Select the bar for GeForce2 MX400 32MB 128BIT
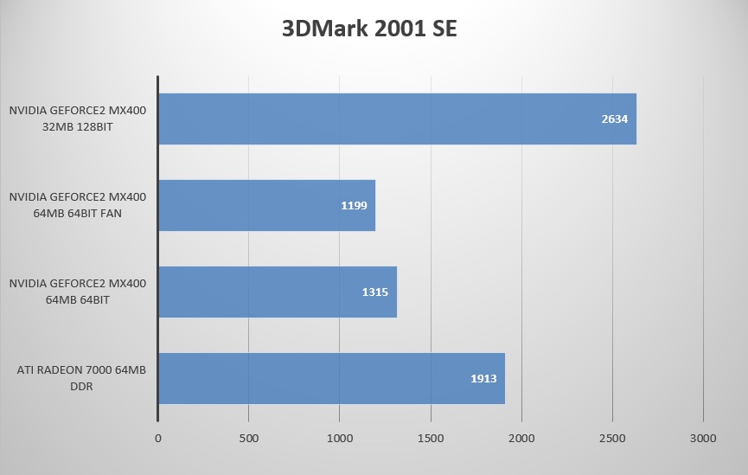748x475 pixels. pyautogui.click(x=397, y=119)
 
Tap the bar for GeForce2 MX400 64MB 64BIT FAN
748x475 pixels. pyautogui.click(x=266, y=205)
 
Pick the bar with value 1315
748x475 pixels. pyautogui.click(x=277, y=292)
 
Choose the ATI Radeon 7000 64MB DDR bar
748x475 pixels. pyautogui.click(x=331, y=378)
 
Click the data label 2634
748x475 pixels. pyautogui.click(x=614, y=119)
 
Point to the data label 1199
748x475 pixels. pyautogui.click(x=355, y=206)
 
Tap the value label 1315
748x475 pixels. pyautogui.click(x=375, y=292)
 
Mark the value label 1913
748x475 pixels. pyautogui.click(x=483, y=379)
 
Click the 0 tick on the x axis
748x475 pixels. pyautogui.click(x=158, y=439)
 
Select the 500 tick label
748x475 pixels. pyautogui.click(x=248, y=439)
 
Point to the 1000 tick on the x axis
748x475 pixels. pyautogui.click(x=340, y=439)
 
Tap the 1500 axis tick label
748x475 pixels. pyautogui.click(x=431, y=439)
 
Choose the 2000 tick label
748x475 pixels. pyautogui.click(x=521, y=439)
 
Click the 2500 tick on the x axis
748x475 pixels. pyautogui.click(x=612, y=439)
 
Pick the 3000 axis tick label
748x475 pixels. pyautogui.click(x=703, y=439)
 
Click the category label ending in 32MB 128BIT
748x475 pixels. pyautogui.click(x=78, y=119)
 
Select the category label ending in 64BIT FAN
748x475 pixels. pyautogui.click(x=78, y=205)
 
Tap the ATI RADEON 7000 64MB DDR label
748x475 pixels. pyautogui.click(x=81, y=378)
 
